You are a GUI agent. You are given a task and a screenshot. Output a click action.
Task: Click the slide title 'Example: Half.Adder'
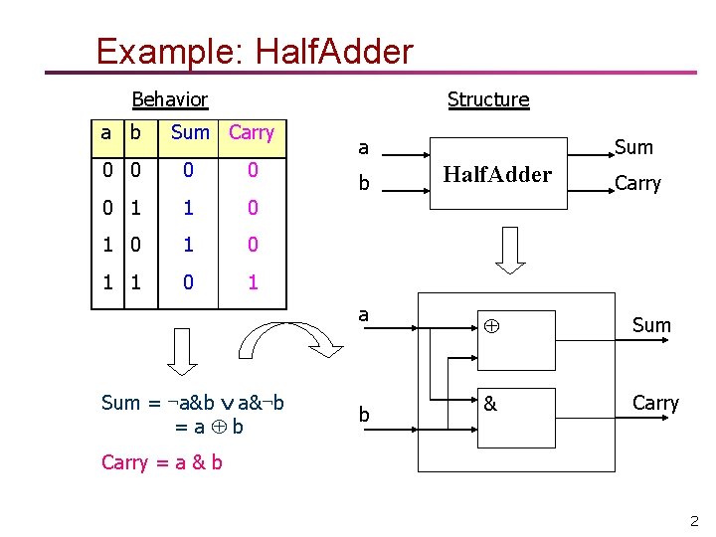pos(254,51)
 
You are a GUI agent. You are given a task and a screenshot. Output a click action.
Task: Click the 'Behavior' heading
pos(170,99)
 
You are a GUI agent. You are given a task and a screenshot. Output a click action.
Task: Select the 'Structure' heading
pos(488,99)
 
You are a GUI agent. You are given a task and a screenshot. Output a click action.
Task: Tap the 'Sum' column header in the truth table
pos(190,132)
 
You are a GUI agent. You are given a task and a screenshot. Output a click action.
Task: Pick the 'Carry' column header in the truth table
pos(252,132)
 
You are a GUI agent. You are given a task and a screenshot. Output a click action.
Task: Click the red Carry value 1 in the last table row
pos(253,282)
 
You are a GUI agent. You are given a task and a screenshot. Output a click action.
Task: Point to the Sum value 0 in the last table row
pos(189,282)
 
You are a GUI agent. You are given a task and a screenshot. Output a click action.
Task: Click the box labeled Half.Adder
pos(497,175)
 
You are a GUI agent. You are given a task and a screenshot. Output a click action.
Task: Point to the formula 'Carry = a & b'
pos(162,462)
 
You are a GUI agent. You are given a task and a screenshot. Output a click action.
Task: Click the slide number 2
pos(694,520)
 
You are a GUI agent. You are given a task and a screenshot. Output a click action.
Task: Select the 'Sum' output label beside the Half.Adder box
pos(633,147)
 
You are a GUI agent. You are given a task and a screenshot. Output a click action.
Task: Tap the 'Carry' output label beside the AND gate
pos(655,403)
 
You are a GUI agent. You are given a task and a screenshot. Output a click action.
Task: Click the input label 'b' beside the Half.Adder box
pos(364,185)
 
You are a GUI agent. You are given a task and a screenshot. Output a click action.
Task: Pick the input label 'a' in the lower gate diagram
pos(364,314)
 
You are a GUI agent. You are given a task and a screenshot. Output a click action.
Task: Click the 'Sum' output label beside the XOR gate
pos(651,325)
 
